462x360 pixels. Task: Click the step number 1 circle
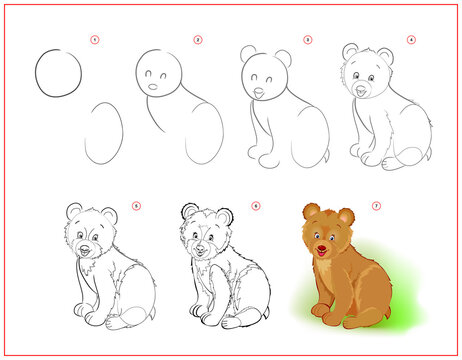[x=95, y=41]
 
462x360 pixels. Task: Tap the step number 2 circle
[x=198, y=41]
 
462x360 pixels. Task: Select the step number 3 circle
[x=307, y=41]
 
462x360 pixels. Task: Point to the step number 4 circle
[x=410, y=41]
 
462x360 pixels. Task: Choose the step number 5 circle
[x=136, y=206]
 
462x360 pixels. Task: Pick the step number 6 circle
[x=256, y=206]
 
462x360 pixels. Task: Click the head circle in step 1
[x=58, y=74]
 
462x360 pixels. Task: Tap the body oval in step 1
[x=103, y=132]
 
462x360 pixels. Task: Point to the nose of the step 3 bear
[x=259, y=93]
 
